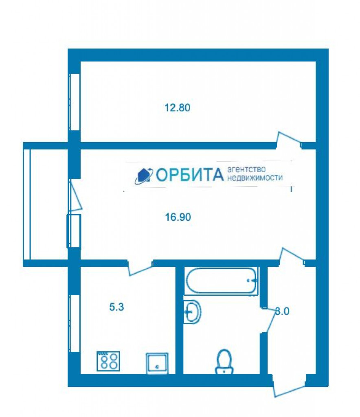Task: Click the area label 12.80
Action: [177, 108]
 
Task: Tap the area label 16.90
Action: [178, 217]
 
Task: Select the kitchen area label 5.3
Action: [116, 307]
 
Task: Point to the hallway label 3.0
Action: [282, 311]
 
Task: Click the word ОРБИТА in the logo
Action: [190, 175]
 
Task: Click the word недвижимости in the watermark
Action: [255, 178]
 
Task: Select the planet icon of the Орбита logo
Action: [144, 176]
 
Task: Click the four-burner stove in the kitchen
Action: [108, 361]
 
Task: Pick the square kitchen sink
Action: [157, 363]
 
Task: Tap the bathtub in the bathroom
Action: [221, 281]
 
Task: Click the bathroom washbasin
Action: [192, 312]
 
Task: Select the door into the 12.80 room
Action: [289, 140]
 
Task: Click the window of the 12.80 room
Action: [75, 102]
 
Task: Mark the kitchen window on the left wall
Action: [75, 323]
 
